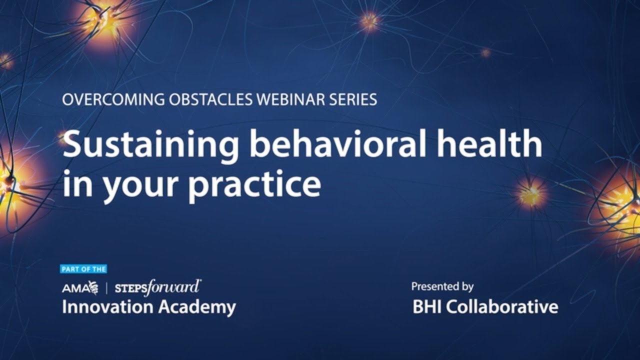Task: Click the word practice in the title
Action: tap(254, 185)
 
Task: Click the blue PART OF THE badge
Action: tap(83, 269)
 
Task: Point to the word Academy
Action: tap(196, 307)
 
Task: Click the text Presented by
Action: tap(442, 286)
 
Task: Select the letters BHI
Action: tap(426, 306)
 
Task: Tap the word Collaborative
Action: tap(501, 306)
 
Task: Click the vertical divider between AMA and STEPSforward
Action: tap(106, 287)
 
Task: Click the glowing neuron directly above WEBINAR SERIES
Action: tap(369, 21)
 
